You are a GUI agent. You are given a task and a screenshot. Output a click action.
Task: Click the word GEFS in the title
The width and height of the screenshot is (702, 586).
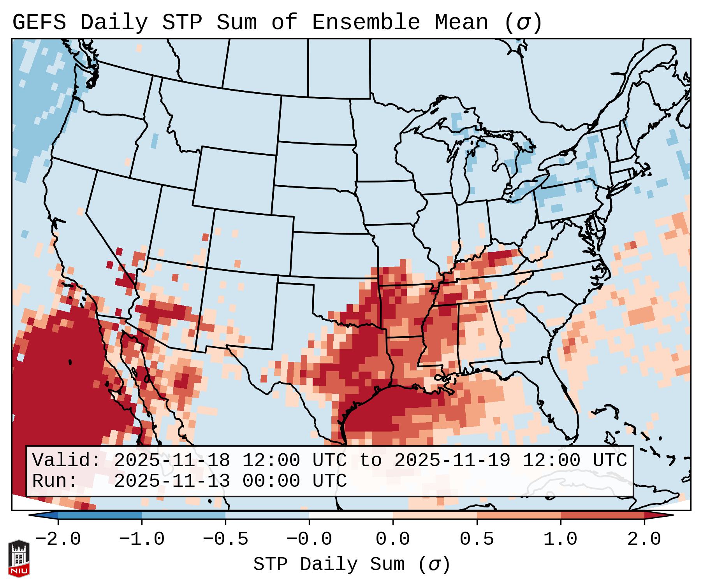pos(39,23)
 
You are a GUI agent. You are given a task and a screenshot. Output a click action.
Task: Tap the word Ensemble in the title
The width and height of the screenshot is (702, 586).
pos(366,23)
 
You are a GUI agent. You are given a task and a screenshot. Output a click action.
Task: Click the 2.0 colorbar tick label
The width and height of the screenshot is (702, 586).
pos(644,539)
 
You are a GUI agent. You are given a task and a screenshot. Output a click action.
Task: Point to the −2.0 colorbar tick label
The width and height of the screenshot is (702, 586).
pos(58,539)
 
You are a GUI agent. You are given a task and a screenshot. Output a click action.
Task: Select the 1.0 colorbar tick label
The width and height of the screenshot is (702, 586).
pos(560,539)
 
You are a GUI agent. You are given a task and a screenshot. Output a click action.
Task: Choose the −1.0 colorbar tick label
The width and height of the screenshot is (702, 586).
pos(142,539)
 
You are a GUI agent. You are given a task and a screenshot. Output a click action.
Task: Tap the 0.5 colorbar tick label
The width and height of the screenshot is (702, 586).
pos(477,539)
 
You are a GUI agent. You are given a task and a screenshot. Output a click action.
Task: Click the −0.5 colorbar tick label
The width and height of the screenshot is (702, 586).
pos(225,539)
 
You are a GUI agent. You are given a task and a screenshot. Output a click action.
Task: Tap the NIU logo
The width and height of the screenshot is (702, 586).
pos(19,558)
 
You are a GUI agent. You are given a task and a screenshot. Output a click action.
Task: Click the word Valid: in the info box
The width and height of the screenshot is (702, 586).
pos(67,461)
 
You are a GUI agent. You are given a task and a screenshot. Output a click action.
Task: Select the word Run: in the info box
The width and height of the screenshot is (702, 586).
pos(55,481)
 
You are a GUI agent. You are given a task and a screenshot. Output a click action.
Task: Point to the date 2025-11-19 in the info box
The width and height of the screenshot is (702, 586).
pos(452,461)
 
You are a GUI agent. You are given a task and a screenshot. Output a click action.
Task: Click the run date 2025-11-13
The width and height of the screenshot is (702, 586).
pos(172,481)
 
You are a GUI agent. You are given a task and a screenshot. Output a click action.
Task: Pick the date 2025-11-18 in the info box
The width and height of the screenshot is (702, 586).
pos(172,461)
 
